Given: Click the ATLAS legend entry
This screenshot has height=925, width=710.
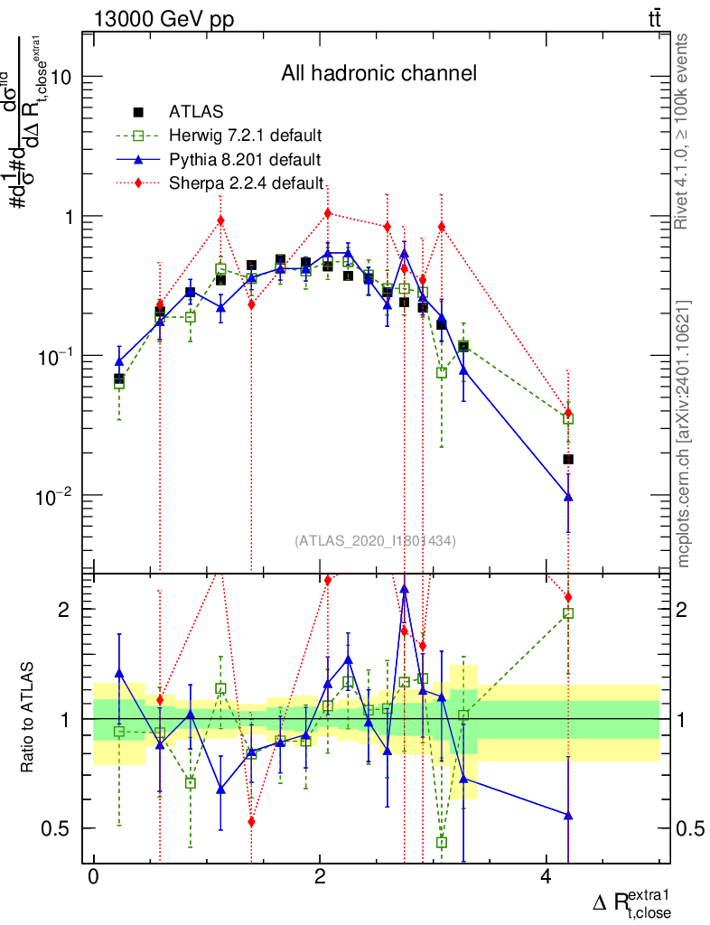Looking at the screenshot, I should pos(190,112).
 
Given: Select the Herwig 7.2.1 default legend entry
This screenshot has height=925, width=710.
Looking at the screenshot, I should pos(245,136).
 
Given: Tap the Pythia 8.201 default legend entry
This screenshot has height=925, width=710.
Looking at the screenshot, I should pos(244,160).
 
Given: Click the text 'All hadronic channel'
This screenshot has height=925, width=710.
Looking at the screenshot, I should pos(378,73).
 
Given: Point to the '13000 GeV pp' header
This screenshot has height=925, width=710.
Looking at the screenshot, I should pos(163,19).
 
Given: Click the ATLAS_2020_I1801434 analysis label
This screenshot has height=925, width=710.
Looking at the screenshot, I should pos(375,541).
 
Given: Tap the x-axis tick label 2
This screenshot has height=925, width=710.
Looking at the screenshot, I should pos(319,877).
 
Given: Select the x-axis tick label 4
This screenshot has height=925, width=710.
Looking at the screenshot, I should pos(545,877).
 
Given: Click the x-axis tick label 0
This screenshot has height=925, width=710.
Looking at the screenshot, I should pos(92,877).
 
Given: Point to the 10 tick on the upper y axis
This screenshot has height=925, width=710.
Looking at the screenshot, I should pos(61,77).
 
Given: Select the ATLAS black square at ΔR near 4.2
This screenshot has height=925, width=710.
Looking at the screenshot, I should pos(568,459).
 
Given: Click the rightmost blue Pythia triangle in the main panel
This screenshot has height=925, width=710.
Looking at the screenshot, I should pos(568,496).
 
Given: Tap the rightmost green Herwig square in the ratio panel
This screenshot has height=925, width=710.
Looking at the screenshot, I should pos(568,613).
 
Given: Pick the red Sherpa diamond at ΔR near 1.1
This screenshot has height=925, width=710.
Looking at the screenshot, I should pos(220,220).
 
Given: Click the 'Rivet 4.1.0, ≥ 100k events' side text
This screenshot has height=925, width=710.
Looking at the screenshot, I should pos(683,131).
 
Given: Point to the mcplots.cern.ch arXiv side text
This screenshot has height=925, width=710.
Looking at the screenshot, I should pos(683,434).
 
